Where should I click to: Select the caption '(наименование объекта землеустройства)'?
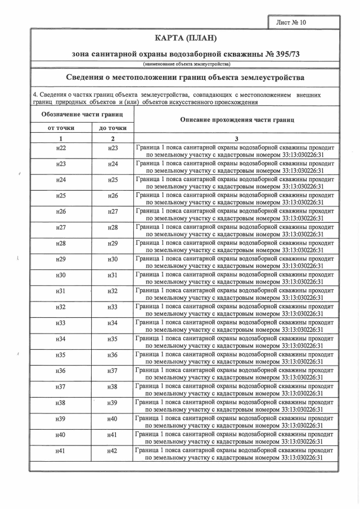184,65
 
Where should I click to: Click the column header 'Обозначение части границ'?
82,114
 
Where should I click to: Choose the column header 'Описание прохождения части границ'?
237,120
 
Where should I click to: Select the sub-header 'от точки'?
61,128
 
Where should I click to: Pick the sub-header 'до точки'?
112,128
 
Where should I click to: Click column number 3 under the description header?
237,138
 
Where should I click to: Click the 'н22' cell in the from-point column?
61,148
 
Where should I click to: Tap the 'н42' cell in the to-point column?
112,451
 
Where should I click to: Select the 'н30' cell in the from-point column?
61,275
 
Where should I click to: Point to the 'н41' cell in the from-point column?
61,451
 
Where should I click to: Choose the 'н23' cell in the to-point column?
112,148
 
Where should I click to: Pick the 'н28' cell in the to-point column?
112,227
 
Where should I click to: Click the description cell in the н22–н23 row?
235,151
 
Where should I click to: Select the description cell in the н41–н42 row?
235,454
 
